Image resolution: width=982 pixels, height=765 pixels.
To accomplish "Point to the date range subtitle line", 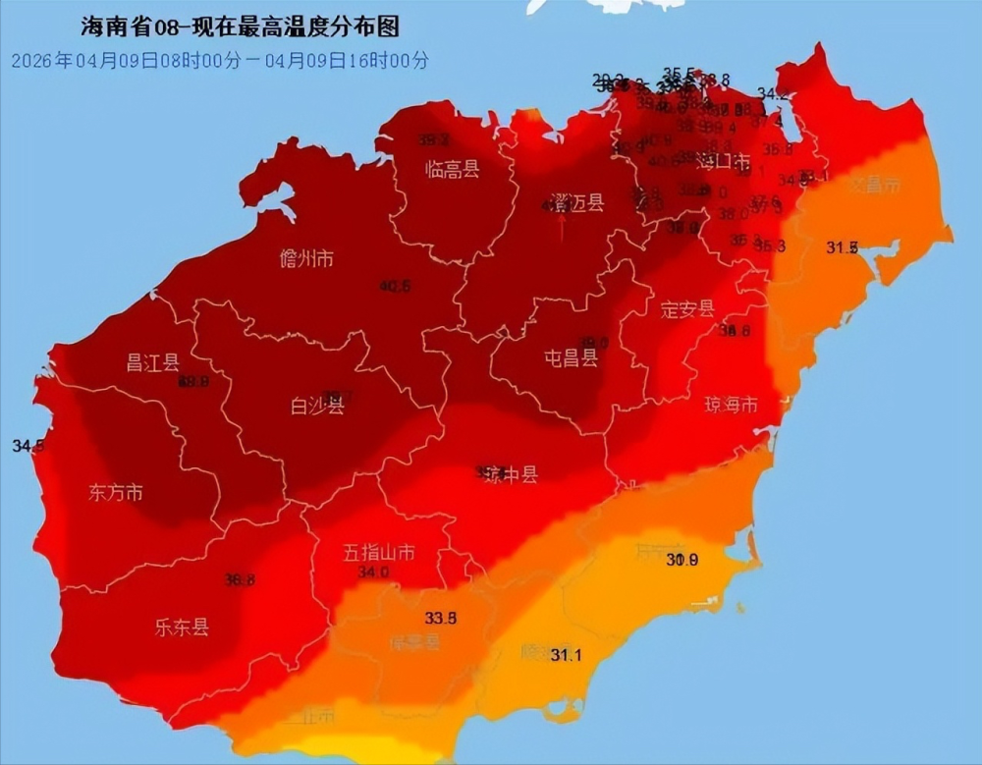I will click(220, 60).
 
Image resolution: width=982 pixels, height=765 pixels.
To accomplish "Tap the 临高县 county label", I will click(452, 169).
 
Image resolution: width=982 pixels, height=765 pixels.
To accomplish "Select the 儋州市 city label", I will click(306, 259).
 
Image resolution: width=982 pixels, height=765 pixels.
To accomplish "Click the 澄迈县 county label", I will click(576, 203).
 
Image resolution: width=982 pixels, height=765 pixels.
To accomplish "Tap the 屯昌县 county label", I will click(572, 358).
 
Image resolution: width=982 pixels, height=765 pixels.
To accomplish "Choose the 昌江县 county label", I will click(152, 362).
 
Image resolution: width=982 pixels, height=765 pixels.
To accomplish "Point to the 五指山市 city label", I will click(379, 553).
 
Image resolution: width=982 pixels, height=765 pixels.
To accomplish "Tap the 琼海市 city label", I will click(731, 405).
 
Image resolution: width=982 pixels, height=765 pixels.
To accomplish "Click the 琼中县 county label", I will click(511, 475).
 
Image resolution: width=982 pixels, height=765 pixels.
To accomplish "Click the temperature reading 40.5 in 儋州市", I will click(395, 286).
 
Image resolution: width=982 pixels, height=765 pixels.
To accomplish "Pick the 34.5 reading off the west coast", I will click(27, 446).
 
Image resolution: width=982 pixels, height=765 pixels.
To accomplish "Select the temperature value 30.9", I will click(682, 560).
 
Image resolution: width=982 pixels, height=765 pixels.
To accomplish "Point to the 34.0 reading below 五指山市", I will click(373, 572).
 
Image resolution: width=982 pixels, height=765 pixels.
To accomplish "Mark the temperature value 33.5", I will click(441, 618).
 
